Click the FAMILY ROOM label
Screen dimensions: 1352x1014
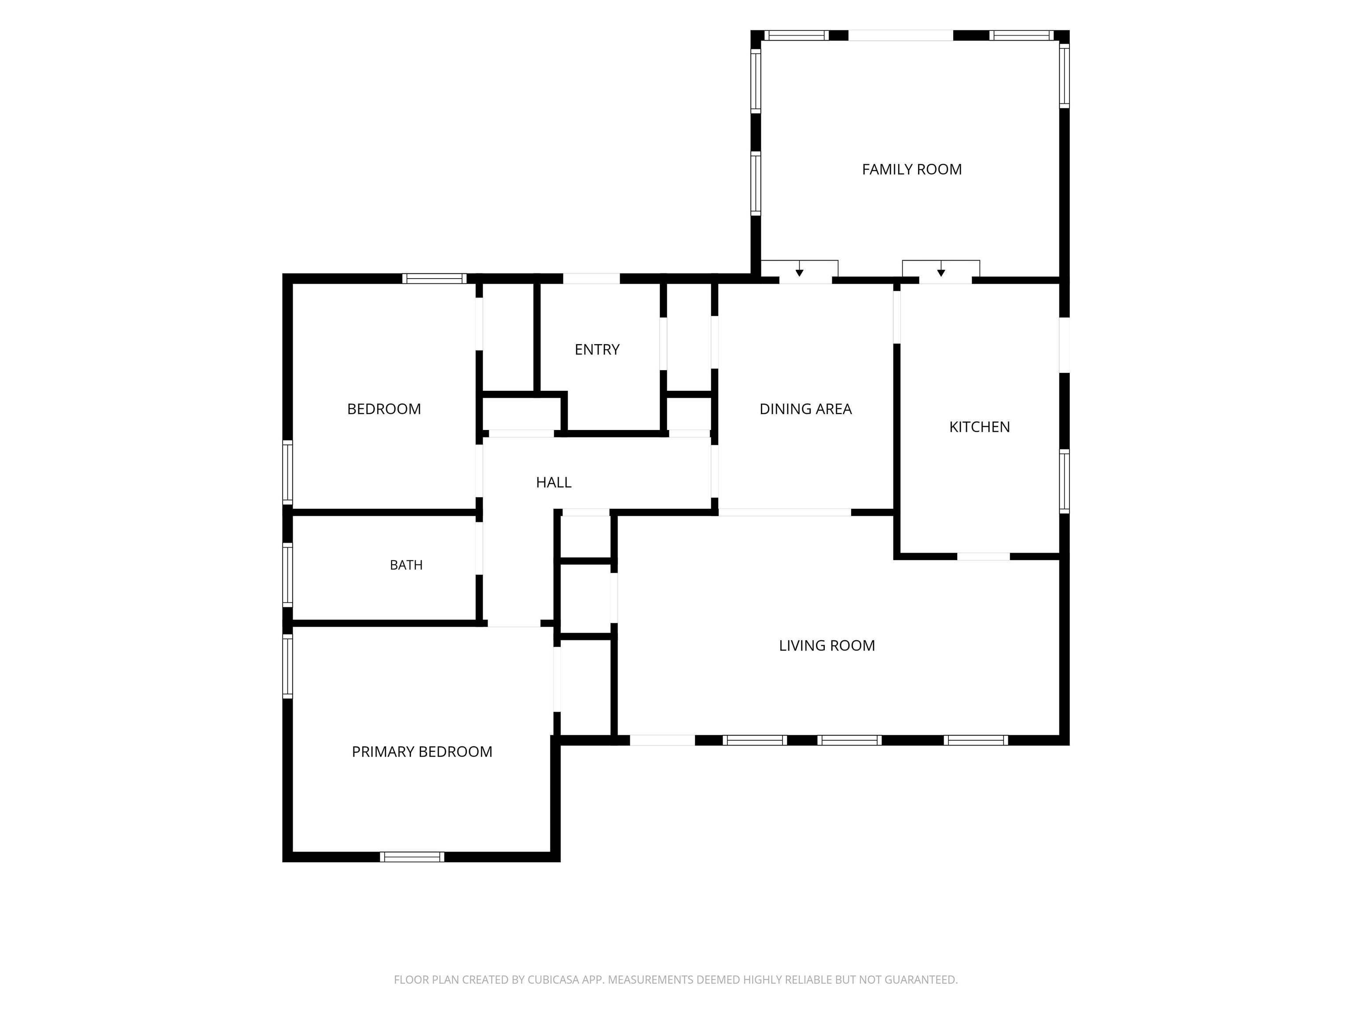911,169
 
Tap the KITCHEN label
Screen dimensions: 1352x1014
979,426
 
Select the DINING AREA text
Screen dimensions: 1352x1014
805,409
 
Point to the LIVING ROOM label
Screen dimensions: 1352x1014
827,646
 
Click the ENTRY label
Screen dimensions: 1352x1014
597,349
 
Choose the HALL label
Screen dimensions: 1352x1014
554,482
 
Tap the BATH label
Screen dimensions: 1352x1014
407,565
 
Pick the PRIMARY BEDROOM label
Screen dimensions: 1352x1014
422,752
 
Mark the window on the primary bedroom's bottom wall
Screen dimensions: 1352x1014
412,856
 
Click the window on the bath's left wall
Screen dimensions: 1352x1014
287,574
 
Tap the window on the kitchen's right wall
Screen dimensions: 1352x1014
1064,481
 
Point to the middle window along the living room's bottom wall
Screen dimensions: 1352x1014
849,740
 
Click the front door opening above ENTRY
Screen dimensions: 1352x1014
591,279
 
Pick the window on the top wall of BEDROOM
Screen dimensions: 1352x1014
434,279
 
